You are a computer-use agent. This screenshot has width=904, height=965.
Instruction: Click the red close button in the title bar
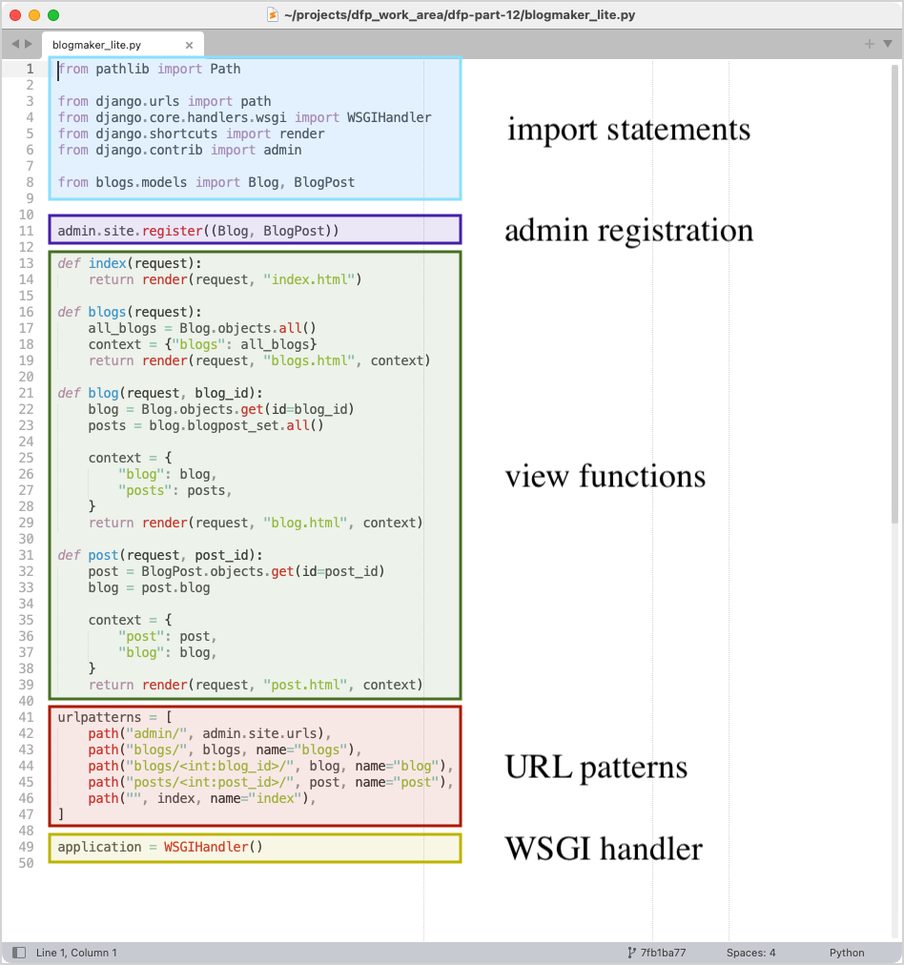(x=15, y=15)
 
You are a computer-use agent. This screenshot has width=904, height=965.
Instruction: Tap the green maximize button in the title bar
(x=53, y=15)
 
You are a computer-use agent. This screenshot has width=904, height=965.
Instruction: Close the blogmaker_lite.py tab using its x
(x=189, y=45)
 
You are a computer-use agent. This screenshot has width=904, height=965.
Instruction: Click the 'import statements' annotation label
(x=628, y=130)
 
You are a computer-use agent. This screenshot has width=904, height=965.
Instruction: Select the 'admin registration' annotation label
(x=628, y=231)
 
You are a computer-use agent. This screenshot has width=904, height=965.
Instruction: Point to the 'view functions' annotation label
(x=606, y=476)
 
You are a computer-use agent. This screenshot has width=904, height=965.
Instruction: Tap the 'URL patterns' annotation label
(x=596, y=767)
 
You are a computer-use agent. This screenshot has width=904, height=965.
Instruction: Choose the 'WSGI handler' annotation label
(x=604, y=849)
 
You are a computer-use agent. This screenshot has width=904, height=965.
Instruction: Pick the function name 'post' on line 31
(x=103, y=555)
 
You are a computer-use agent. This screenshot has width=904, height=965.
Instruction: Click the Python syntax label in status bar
(x=847, y=953)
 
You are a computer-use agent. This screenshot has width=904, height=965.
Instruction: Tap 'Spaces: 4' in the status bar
(x=750, y=953)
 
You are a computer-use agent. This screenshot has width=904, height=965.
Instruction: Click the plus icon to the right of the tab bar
(x=869, y=44)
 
